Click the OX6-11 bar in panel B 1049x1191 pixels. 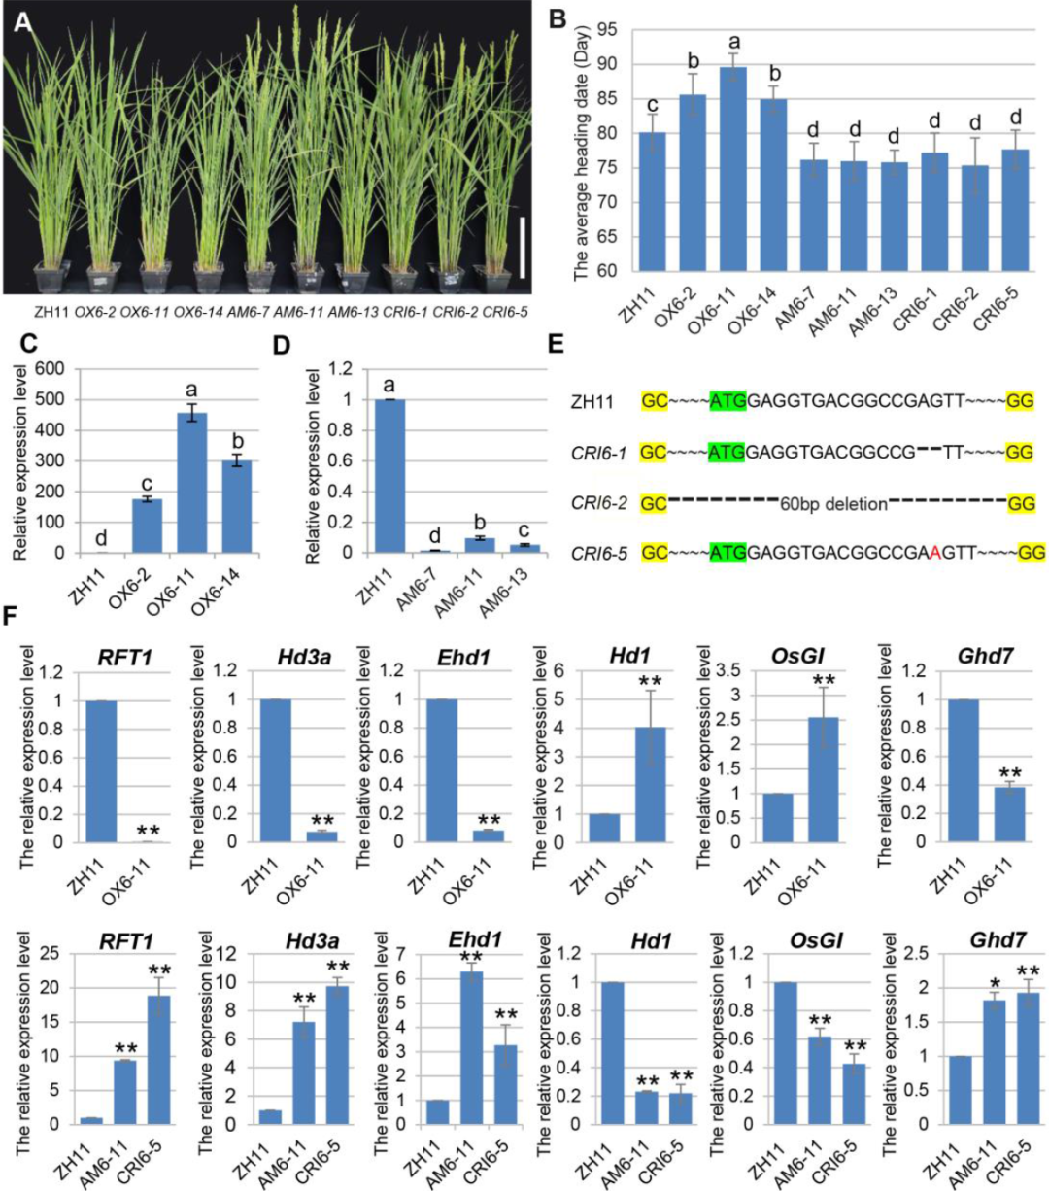pos(733,170)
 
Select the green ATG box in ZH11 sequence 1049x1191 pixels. pos(728,400)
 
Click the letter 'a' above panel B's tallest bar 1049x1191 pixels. pos(733,42)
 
